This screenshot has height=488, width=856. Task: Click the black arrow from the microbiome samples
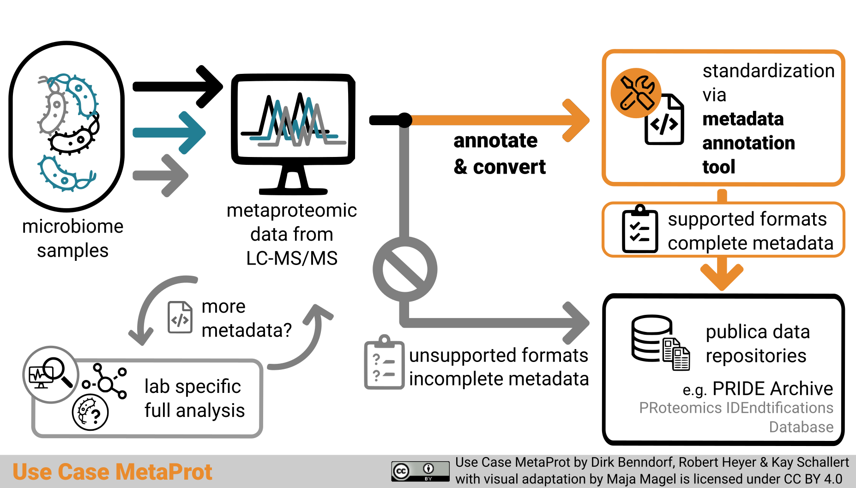click(178, 87)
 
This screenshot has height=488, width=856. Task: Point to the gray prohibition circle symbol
click(405, 270)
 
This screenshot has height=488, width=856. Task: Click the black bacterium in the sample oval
click(74, 138)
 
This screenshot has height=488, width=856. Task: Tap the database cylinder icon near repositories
click(651, 338)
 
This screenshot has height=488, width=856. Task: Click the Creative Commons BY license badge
click(420, 471)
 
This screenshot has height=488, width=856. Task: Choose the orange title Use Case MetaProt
click(112, 472)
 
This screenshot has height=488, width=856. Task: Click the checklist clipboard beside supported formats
click(639, 229)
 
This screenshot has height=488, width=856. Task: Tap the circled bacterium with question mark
click(90, 412)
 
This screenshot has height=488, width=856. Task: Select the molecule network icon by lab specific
click(106, 382)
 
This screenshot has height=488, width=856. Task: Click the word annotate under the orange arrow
click(495, 140)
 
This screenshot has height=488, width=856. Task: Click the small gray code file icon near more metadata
click(180, 318)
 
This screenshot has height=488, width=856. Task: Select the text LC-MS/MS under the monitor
click(292, 259)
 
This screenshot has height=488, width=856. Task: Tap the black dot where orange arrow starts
click(404, 120)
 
